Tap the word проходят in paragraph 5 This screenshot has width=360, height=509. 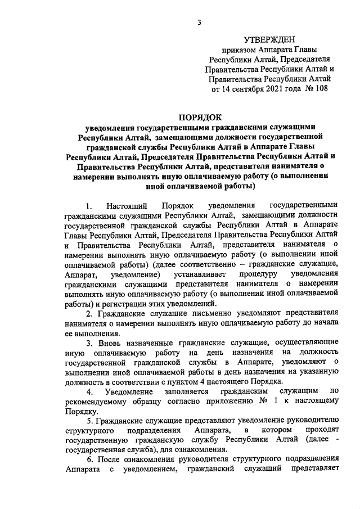[320, 430]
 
